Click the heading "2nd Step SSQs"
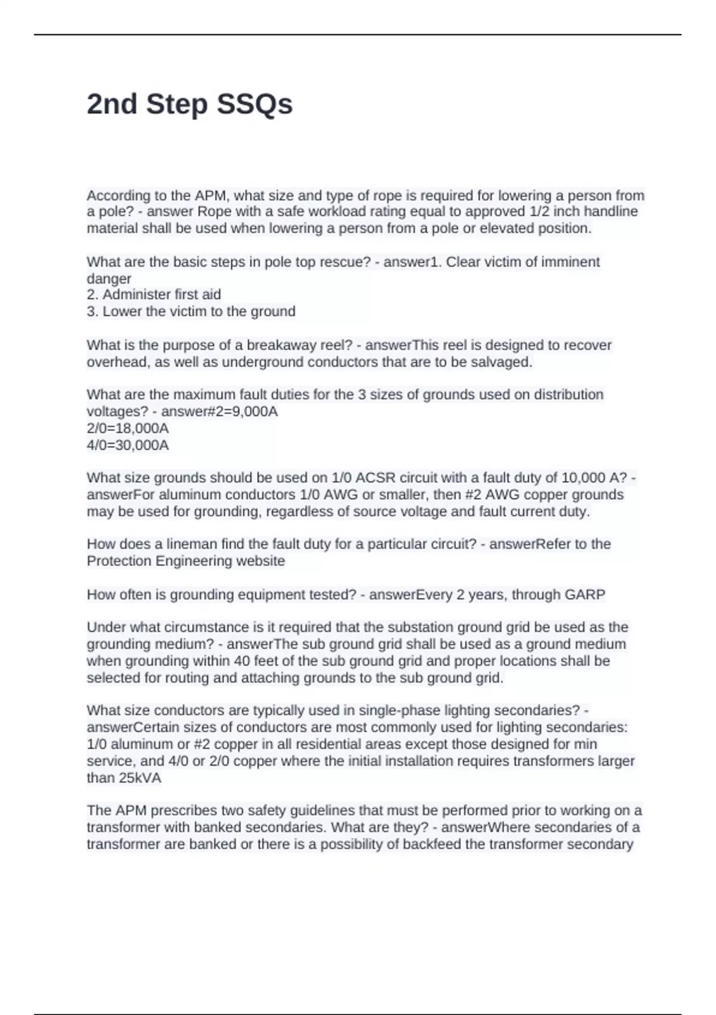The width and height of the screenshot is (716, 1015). (190, 104)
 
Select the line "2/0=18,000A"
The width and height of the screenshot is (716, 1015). (128, 428)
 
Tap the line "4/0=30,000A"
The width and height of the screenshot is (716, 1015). (128, 445)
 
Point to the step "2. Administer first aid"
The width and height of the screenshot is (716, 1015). (154, 294)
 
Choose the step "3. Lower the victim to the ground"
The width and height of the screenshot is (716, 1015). (191, 311)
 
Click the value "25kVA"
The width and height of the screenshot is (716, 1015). (141, 778)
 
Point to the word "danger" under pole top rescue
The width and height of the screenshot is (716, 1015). (109, 278)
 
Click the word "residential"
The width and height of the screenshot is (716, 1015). (336, 744)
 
